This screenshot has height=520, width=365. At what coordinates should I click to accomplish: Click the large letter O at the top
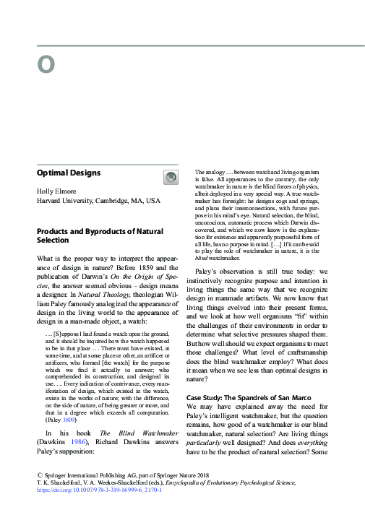click(x=46, y=65)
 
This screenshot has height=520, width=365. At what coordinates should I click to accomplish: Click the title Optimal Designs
click(x=69, y=173)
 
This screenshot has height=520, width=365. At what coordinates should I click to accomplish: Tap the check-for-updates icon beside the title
click(x=170, y=176)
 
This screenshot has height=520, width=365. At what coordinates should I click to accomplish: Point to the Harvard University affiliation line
click(x=98, y=201)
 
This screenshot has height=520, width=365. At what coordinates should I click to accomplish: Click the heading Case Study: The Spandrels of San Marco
click(x=249, y=377)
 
